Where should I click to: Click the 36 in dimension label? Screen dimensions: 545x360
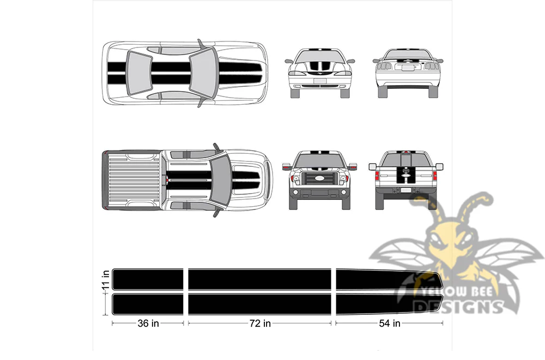[x=148, y=323]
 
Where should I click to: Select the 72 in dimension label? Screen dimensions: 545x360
[x=260, y=323]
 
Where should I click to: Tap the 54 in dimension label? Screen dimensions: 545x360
[x=389, y=323]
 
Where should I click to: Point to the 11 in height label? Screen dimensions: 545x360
[x=106, y=280]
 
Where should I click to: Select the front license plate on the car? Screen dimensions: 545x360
[x=320, y=81]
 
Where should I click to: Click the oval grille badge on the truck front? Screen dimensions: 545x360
[x=319, y=178]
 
